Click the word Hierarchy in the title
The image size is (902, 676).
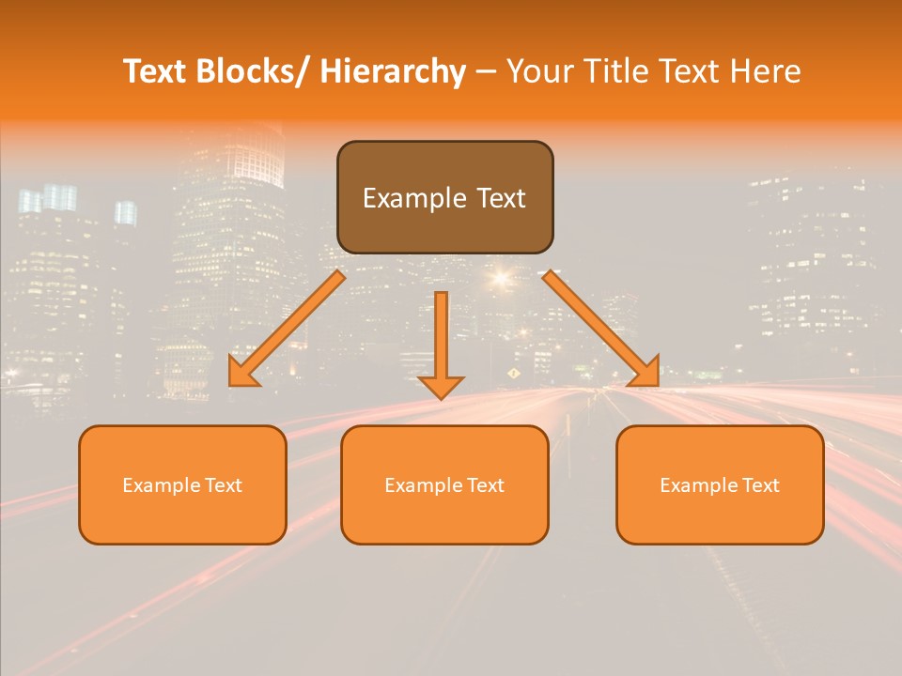[x=393, y=72]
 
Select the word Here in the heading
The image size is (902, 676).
[x=765, y=72]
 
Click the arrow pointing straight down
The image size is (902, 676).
[x=441, y=343]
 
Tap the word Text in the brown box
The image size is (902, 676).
[x=500, y=199]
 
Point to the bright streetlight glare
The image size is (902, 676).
[x=500, y=278]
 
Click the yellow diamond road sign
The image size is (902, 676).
[x=513, y=374]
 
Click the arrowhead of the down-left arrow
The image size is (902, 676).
[x=241, y=375]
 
